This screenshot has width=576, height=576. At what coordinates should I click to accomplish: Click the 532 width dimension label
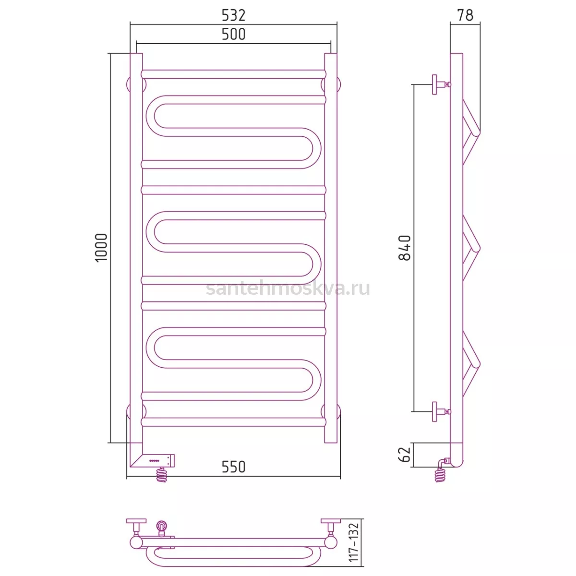pos(233,15)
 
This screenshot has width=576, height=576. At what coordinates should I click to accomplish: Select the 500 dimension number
pos(233,35)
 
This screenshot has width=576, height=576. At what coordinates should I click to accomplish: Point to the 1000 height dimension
pos(101,248)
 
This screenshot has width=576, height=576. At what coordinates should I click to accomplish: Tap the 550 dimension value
pos(233,467)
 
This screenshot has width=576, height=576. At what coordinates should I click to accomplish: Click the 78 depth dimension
pos(465,15)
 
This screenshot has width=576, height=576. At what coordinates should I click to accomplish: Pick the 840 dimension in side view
pos(405,248)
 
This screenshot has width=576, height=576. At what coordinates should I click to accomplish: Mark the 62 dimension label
pos(405,455)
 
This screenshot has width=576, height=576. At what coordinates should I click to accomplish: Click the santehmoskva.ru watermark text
pos(288,288)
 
